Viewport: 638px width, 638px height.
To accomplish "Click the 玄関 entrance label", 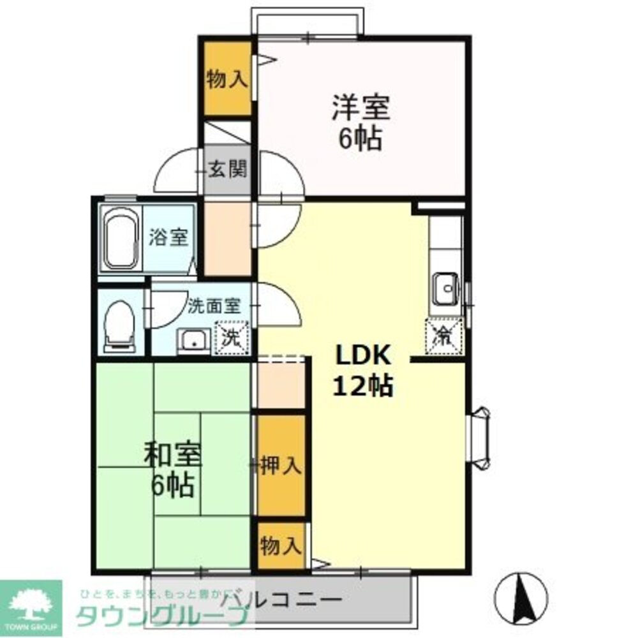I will point(228,170).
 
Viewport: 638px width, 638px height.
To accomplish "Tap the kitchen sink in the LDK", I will point(444,289).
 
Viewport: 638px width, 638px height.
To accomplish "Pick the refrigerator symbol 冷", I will point(443,334).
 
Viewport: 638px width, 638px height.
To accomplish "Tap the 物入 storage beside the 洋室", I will point(227,80).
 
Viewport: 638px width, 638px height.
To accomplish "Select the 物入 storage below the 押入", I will point(281,546).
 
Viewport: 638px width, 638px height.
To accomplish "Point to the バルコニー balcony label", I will point(281,600).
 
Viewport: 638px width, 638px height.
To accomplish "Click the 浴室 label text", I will point(168,237).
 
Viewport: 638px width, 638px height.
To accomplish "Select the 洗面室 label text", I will point(214,306).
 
